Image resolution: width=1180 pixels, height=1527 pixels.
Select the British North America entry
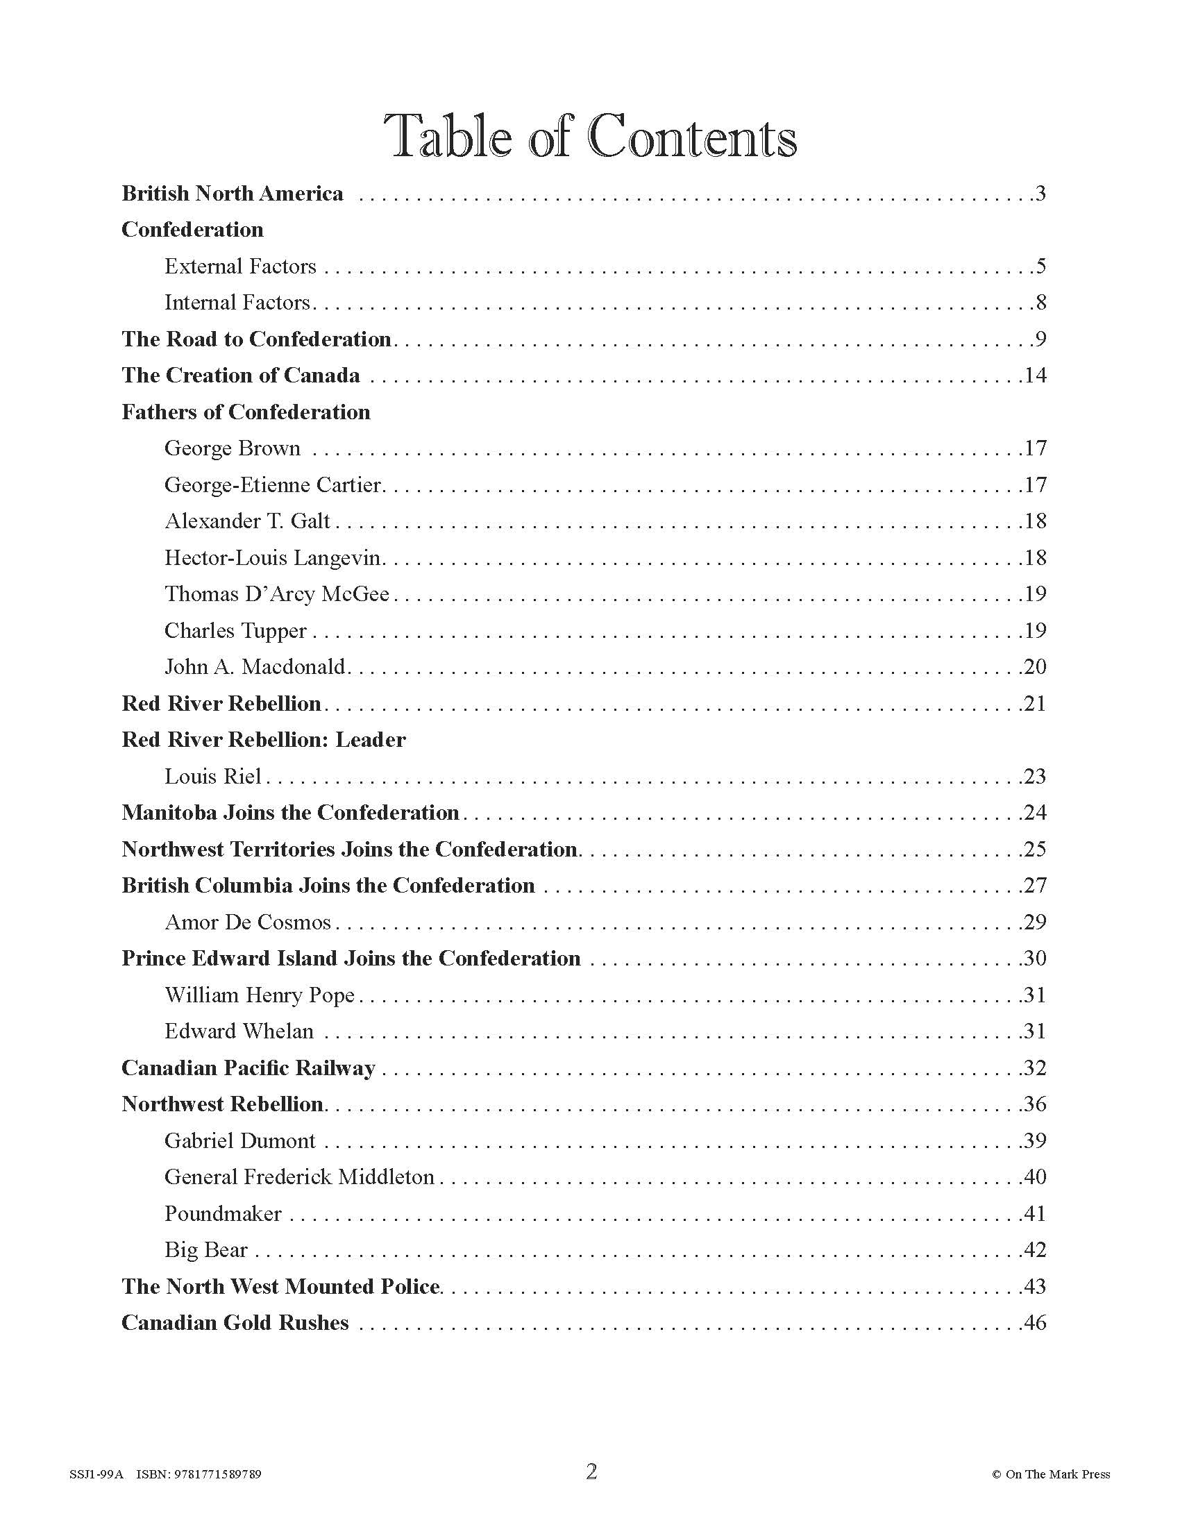[x=232, y=194]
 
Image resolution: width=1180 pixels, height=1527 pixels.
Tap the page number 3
[x=1040, y=194]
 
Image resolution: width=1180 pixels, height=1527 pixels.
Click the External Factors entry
[x=239, y=267]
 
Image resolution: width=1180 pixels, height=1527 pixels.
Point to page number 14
[x=1035, y=376]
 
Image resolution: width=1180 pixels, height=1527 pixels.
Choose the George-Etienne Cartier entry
[x=273, y=484]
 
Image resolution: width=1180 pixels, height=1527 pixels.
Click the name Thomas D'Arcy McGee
[x=277, y=593]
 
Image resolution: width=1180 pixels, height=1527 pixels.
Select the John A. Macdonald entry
[x=255, y=666]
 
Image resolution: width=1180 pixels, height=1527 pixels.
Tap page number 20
[x=1035, y=666]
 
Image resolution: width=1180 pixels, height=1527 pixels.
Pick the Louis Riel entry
[x=212, y=776]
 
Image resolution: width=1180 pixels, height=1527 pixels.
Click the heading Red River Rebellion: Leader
[x=264, y=740]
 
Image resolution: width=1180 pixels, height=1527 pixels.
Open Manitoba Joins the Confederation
[x=290, y=813]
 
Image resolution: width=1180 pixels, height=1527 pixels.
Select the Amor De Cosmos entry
[x=248, y=922]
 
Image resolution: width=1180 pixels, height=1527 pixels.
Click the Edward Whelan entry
[x=239, y=1031]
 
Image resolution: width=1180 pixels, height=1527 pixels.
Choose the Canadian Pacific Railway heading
[x=248, y=1068]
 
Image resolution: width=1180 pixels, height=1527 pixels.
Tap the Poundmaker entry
[x=222, y=1213]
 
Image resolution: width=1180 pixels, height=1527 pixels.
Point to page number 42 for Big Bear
[x=1035, y=1249]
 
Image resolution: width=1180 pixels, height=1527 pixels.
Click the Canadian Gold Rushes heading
[x=235, y=1322]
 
